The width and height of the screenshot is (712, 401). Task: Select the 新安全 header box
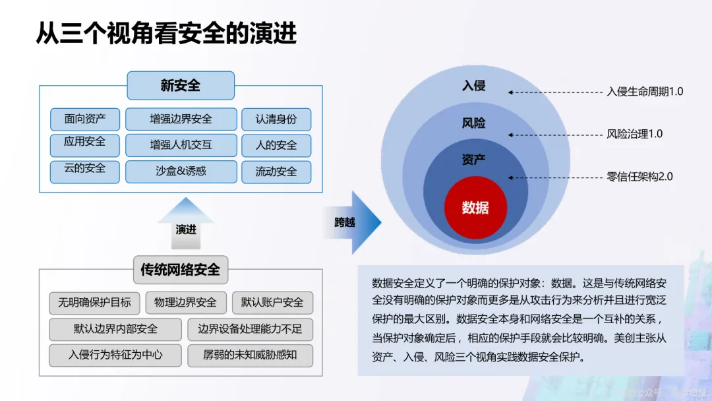[x=181, y=86]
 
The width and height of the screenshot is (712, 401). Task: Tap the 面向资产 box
[x=84, y=119]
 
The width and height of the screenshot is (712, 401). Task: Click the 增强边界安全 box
[x=181, y=119]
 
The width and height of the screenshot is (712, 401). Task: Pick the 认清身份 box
[x=276, y=119]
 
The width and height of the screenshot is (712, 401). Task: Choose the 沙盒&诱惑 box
[x=181, y=171]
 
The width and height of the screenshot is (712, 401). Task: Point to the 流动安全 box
[x=276, y=171]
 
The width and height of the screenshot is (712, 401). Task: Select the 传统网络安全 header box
[x=180, y=270]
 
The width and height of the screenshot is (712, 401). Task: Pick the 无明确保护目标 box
[x=94, y=303]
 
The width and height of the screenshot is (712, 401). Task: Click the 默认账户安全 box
[x=272, y=303]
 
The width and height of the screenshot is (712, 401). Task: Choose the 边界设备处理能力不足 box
[x=250, y=328]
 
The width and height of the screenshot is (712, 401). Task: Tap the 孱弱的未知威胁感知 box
[x=250, y=355]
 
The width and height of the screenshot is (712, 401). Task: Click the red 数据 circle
[x=475, y=208]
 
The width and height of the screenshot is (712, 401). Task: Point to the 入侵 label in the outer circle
[x=473, y=86]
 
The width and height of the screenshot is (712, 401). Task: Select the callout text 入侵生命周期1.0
[x=645, y=92]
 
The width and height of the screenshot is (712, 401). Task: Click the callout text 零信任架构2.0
[x=639, y=177]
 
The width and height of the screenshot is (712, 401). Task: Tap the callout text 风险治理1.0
[x=634, y=134]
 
